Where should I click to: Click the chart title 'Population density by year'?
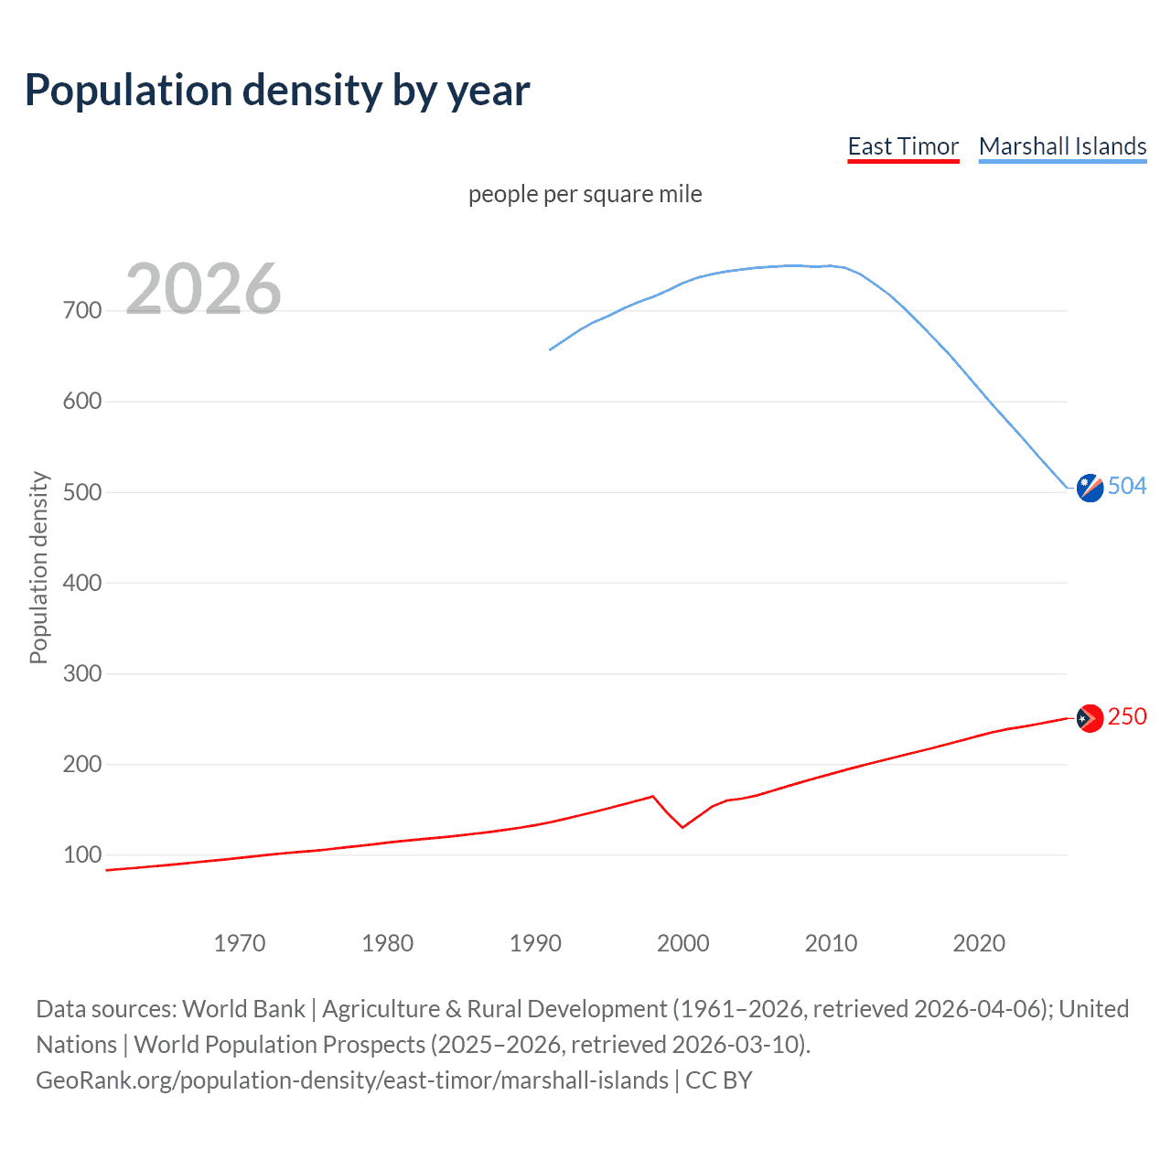coord(277,91)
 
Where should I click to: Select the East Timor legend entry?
coord(903,146)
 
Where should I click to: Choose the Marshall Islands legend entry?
coord(1062,146)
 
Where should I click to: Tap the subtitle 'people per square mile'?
coord(585,194)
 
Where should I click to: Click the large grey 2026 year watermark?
coord(203,289)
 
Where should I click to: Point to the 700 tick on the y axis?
coord(82,311)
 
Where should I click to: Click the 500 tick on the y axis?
coord(82,492)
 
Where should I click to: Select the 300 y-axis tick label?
coord(82,674)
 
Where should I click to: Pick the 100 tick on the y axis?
coord(82,855)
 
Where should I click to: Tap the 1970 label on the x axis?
coord(240,943)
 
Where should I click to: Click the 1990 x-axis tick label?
coord(535,943)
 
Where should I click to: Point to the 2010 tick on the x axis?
coord(831,943)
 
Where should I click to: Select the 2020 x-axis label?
coord(979,943)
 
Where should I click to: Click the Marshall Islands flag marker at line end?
coord(1090,489)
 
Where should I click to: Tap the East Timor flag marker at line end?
coord(1089,718)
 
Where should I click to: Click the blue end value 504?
coord(1127,486)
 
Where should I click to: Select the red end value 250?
coord(1127,716)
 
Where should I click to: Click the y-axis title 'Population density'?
coord(38,567)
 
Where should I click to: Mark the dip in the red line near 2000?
coord(682,827)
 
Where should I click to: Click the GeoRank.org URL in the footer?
coord(352,1080)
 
